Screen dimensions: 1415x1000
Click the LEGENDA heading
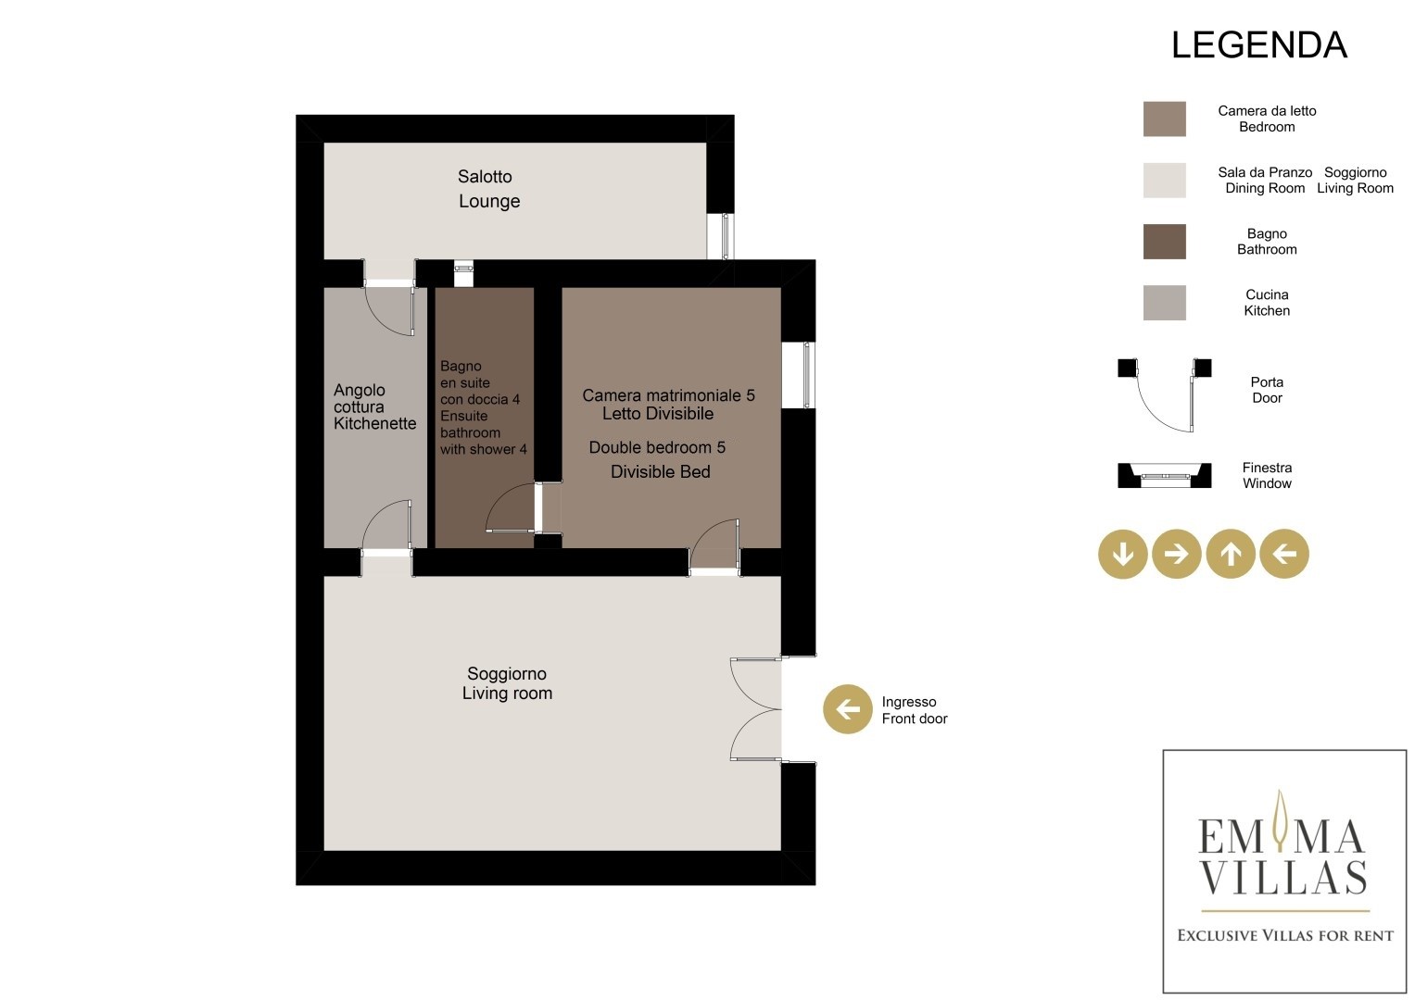tap(1259, 45)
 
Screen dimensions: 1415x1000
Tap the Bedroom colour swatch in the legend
tap(1164, 119)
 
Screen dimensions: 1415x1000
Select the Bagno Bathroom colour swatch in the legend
tap(1164, 241)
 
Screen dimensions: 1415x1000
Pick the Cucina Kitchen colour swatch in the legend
tap(1164, 303)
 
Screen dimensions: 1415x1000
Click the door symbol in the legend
tap(1165, 394)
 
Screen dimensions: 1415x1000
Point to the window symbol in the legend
tap(1165, 475)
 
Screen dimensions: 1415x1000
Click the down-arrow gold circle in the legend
tap(1122, 554)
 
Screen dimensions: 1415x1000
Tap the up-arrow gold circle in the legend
tap(1231, 554)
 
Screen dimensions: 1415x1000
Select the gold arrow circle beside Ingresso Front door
tap(848, 709)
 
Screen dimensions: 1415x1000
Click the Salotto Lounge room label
tap(488, 189)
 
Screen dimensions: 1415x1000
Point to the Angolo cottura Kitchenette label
tap(374, 406)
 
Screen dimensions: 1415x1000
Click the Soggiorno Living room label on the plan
tap(507, 683)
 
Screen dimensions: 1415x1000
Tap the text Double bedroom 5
tap(657, 447)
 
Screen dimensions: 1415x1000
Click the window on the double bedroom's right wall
tap(799, 375)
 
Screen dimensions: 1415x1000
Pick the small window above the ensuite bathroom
tap(463, 273)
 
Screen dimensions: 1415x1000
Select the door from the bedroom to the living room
tap(714, 546)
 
